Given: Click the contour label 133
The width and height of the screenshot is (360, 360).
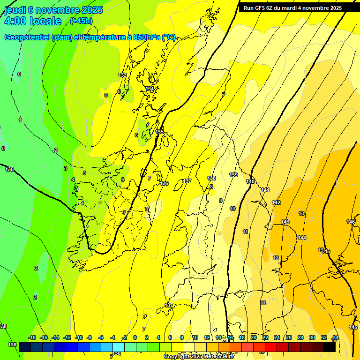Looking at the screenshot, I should (122, 75).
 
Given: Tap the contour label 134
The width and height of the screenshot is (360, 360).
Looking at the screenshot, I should (150, 89).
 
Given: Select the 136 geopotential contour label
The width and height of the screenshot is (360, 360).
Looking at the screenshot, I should (164, 183).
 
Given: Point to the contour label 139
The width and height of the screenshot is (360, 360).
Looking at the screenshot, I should (233, 175).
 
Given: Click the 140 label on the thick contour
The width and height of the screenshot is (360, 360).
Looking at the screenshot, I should (250, 181).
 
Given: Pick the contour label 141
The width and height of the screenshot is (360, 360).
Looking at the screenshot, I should (265, 190).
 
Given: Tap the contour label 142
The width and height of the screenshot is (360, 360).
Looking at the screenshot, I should (276, 202).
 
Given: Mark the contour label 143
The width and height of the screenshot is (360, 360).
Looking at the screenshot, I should (285, 222).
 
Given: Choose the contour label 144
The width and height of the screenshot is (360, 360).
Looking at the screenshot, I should (302, 238).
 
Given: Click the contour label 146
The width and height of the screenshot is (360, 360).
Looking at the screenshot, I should (351, 222).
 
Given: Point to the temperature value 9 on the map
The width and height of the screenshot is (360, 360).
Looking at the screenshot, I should (220, 201).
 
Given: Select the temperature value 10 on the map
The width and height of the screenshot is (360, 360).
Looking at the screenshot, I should (232, 209).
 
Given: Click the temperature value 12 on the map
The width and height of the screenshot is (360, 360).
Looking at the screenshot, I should (276, 258).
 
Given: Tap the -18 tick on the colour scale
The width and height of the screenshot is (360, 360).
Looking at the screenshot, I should (32, 337).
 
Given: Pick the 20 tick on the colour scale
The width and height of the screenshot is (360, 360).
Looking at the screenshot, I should (253, 337).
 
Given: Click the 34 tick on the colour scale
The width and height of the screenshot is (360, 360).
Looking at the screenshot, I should (336, 337).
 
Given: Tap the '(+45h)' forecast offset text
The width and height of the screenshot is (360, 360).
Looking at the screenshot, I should (81, 21).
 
